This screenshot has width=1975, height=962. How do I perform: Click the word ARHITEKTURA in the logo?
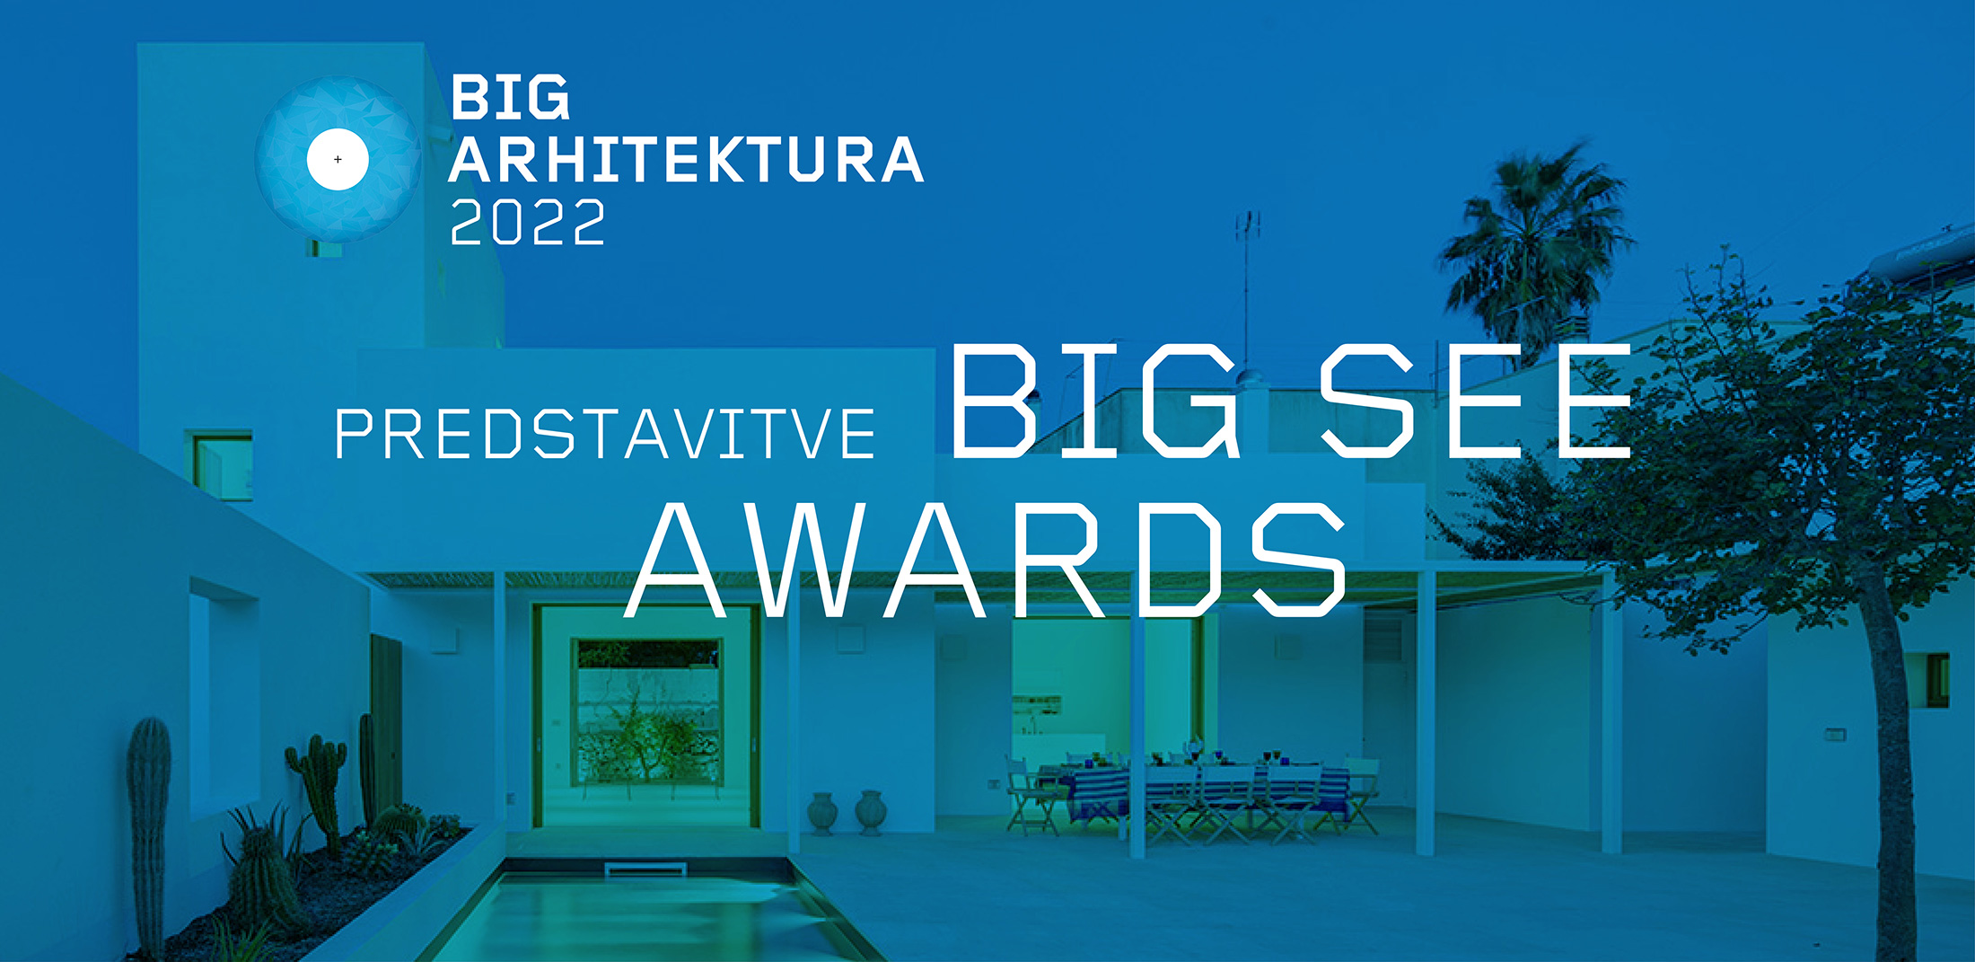pyautogui.click(x=687, y=160)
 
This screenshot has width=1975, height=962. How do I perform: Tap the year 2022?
pyautogui.click(x=528, y=222)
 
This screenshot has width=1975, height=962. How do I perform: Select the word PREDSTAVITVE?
pyautogui.click(x=605, y=434)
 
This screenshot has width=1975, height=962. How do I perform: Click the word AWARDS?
pyautogui.click(x=986, y=559)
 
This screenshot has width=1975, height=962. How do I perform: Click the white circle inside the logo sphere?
pyautogui.click(x=338, y=159)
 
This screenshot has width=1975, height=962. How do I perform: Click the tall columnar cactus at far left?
pyautogui.click(x=149, y=831)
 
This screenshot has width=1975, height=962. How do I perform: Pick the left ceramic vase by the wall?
pyautogui.click(x=822, y=813)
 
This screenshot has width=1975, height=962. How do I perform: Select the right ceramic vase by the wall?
pyautogui.click(x=871, y=813)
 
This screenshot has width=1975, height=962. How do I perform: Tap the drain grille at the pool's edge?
pyautogui.click(x=645, y=869)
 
